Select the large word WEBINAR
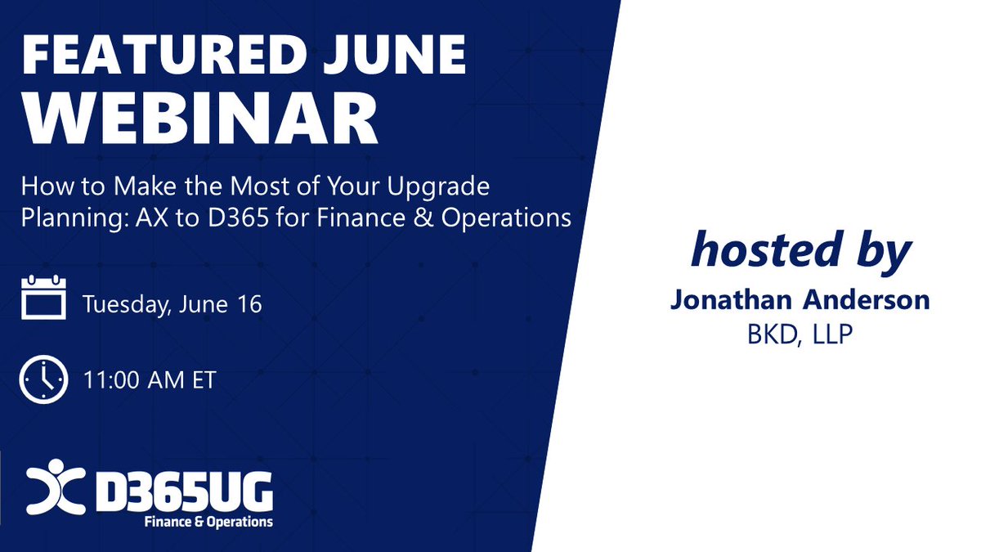click(199, 121)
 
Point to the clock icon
click(43, 379)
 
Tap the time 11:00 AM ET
click(149, 380)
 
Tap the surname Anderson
click(867, 300)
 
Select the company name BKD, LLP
click(799, 335)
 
